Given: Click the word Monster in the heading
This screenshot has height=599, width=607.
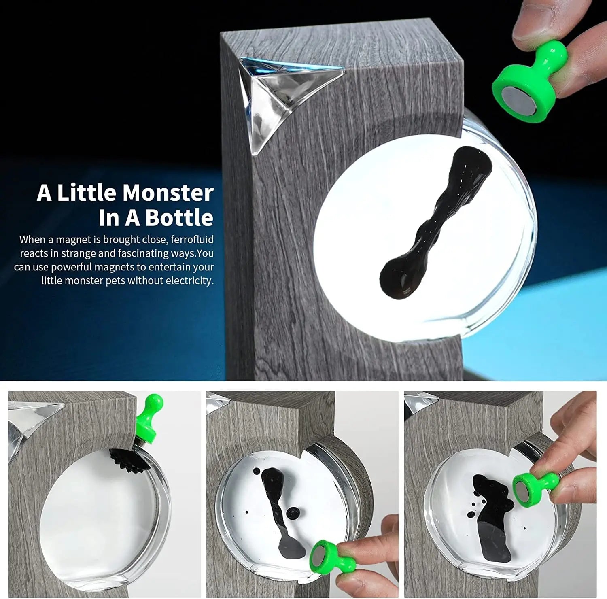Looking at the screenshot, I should [x=175, y=193].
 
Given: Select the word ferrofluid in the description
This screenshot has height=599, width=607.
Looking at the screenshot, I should [x=192, y=240].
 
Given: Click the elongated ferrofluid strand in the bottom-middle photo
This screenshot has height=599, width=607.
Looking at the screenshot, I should [x=279, y=506].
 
